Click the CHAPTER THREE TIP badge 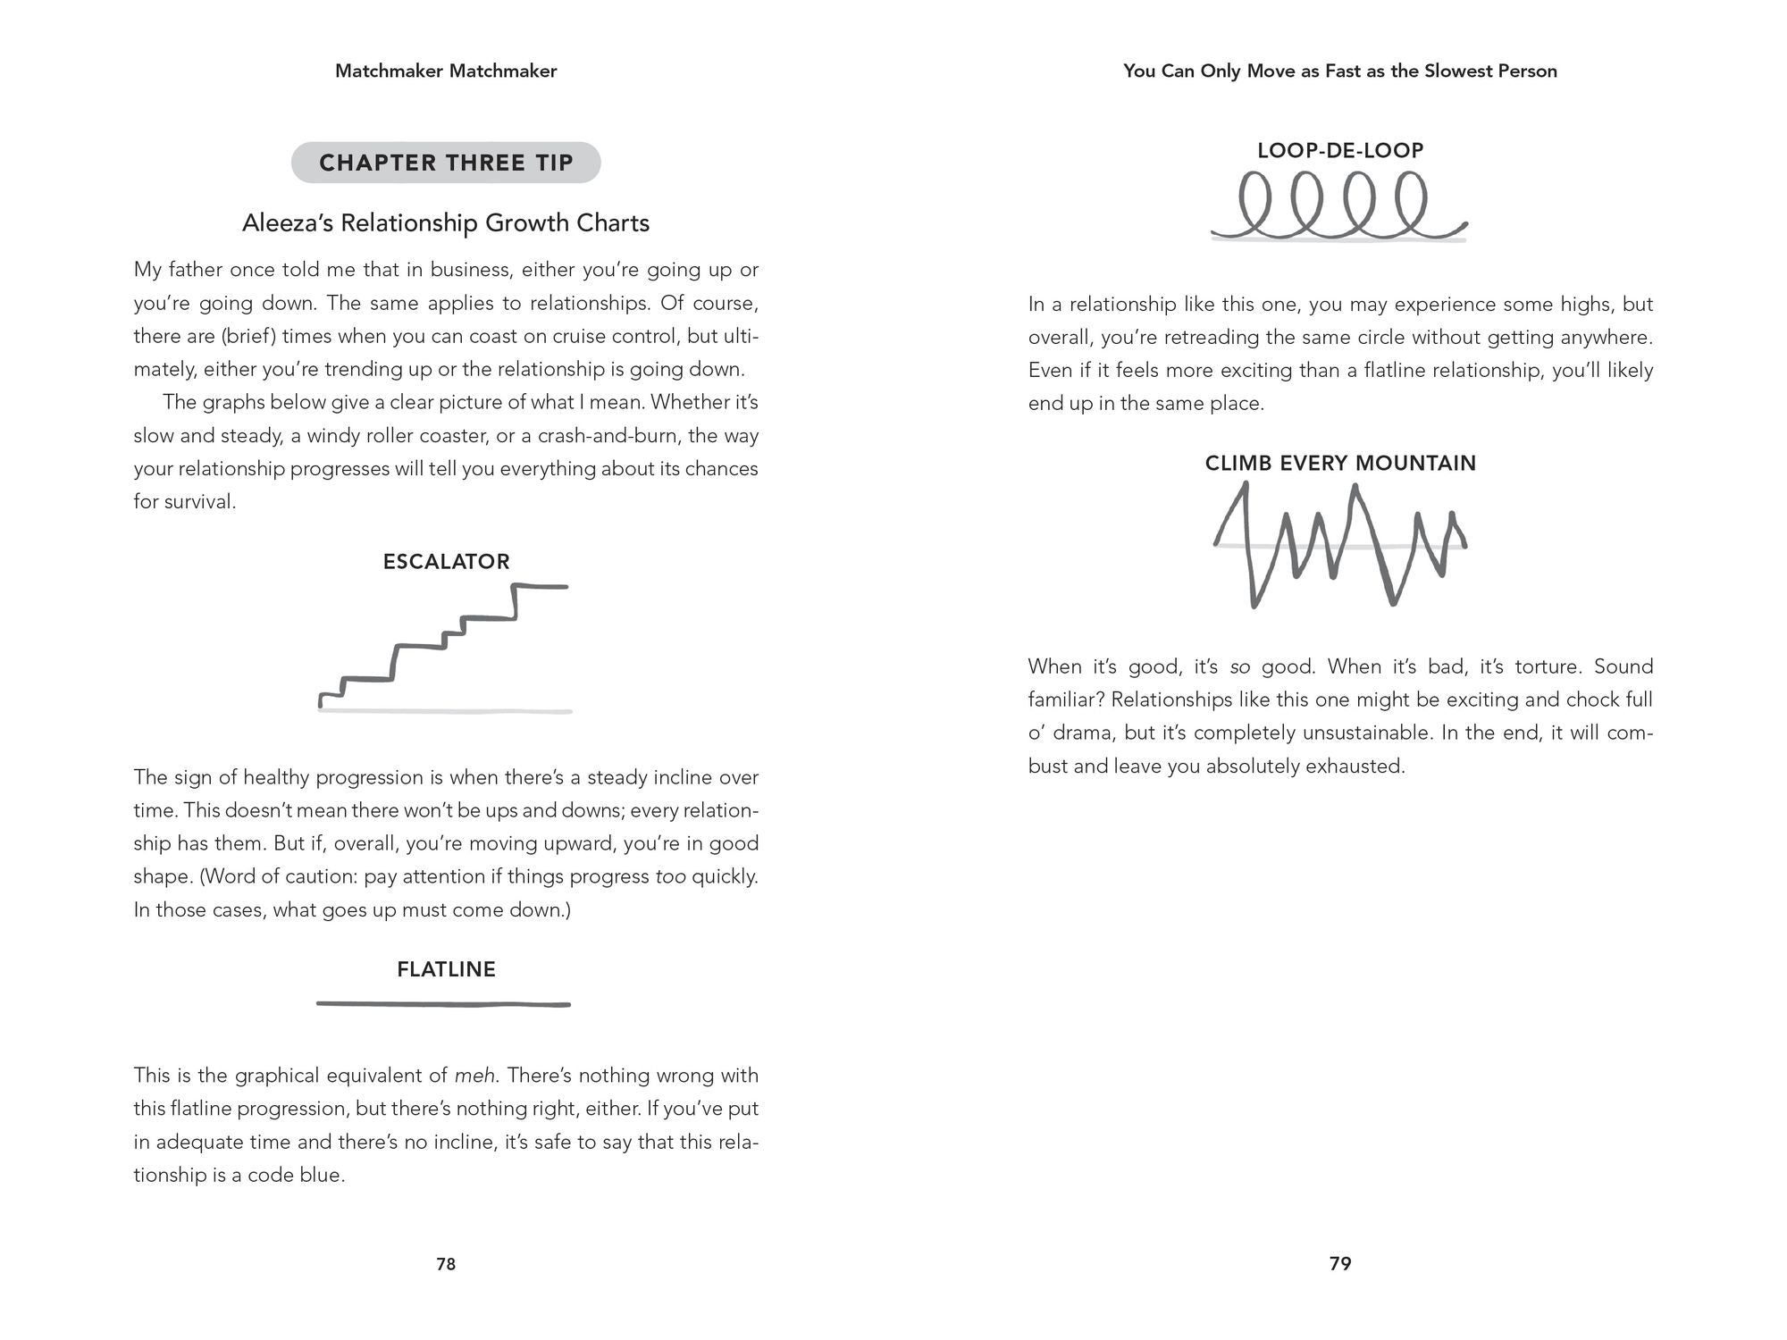[446, 163]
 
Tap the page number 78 [446, 1264]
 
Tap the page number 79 [1340, 1263]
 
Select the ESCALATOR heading [446, 562]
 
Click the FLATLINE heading [446, 969]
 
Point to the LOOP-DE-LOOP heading [1340, 150]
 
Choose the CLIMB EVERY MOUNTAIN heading [1340, 463]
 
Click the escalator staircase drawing [444, 645]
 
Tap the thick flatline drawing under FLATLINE [444, 1004]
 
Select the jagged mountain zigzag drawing [1340, 545]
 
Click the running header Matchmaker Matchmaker [446, 71]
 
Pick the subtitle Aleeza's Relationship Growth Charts [446, 222]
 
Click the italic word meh [474, 1076]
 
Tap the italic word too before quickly [670, 876]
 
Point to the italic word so [1239, 666]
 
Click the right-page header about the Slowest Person [1340, 71]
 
